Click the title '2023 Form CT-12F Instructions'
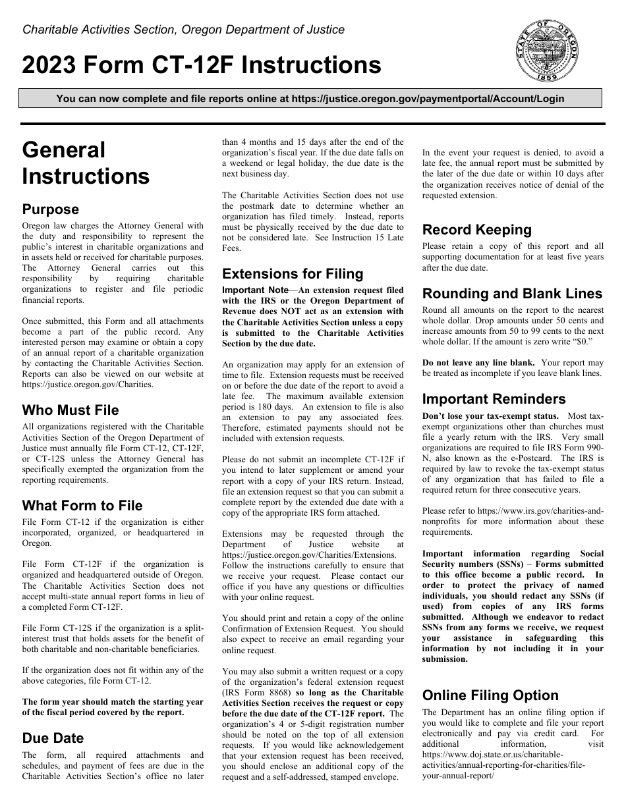point(202,66)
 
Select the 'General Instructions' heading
point(86,163)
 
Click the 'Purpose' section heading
point(51,209)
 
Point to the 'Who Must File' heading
point(71,410)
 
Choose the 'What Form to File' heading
point(82,506)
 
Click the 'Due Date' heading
point(53,738)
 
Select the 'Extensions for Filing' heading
point(293,274)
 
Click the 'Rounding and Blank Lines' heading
point(512,294)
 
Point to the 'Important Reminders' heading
point(494,399)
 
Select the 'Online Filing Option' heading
point(490,695)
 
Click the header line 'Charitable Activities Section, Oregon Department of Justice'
point(183,30)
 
